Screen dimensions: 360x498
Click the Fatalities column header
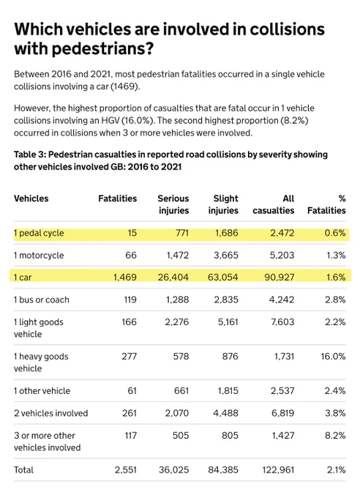118,198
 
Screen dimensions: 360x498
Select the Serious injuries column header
173,204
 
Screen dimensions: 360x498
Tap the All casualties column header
274,204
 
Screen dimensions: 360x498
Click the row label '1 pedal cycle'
39,233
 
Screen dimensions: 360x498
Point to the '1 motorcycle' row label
39,256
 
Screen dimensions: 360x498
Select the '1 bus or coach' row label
41,300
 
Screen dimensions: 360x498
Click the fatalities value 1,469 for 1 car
125,278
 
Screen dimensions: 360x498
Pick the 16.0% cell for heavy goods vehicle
333,357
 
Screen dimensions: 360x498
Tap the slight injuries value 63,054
223,278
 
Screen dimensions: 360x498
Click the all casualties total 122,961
278,470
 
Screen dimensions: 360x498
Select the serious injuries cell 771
182,233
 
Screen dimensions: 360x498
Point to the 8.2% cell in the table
335,436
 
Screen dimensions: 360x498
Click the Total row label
23,470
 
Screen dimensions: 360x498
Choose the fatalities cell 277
130,357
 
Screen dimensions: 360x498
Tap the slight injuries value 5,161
228,322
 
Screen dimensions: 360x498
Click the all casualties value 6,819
282,413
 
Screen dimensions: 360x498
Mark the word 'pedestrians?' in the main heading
103,49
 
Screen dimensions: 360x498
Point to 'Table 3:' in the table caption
29,155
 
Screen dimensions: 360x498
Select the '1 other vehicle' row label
42,391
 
